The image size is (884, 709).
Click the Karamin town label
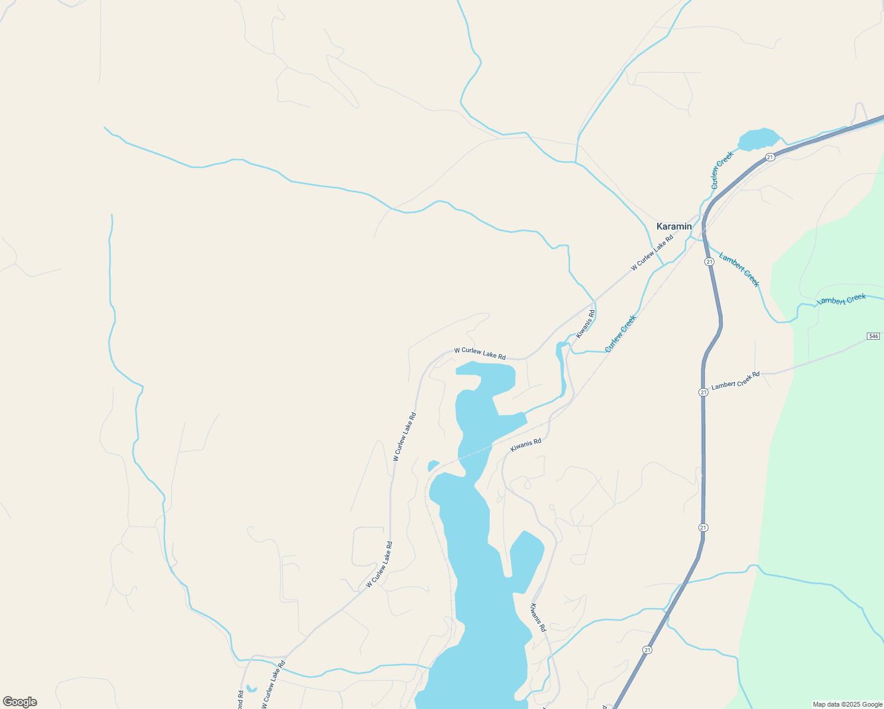coord(674,226)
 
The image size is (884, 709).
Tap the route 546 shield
coord(873,336)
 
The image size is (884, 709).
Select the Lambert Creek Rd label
coord(736,380)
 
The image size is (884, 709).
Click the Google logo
coord(19,702)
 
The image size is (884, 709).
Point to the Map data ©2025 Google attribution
coord(847,704)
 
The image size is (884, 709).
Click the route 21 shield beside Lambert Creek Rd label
coord(703,392)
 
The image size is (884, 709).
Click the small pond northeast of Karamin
coord(759,139)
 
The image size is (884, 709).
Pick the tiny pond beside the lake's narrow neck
coord(433,466)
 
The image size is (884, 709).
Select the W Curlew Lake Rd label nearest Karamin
coord(652,253)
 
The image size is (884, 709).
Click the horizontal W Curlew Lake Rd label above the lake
coord(480,353)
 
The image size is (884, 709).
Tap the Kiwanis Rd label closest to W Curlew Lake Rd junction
coord(586,324)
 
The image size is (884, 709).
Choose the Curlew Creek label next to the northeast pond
coord(721,170)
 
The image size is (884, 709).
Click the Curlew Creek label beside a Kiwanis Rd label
coord(620,334)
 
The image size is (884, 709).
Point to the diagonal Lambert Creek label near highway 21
coord(739,269)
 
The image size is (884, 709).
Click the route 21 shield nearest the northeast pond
coord(769,157)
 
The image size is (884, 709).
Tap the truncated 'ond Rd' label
coord(240,700)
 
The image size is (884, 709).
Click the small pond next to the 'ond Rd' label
coord(251,688)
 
